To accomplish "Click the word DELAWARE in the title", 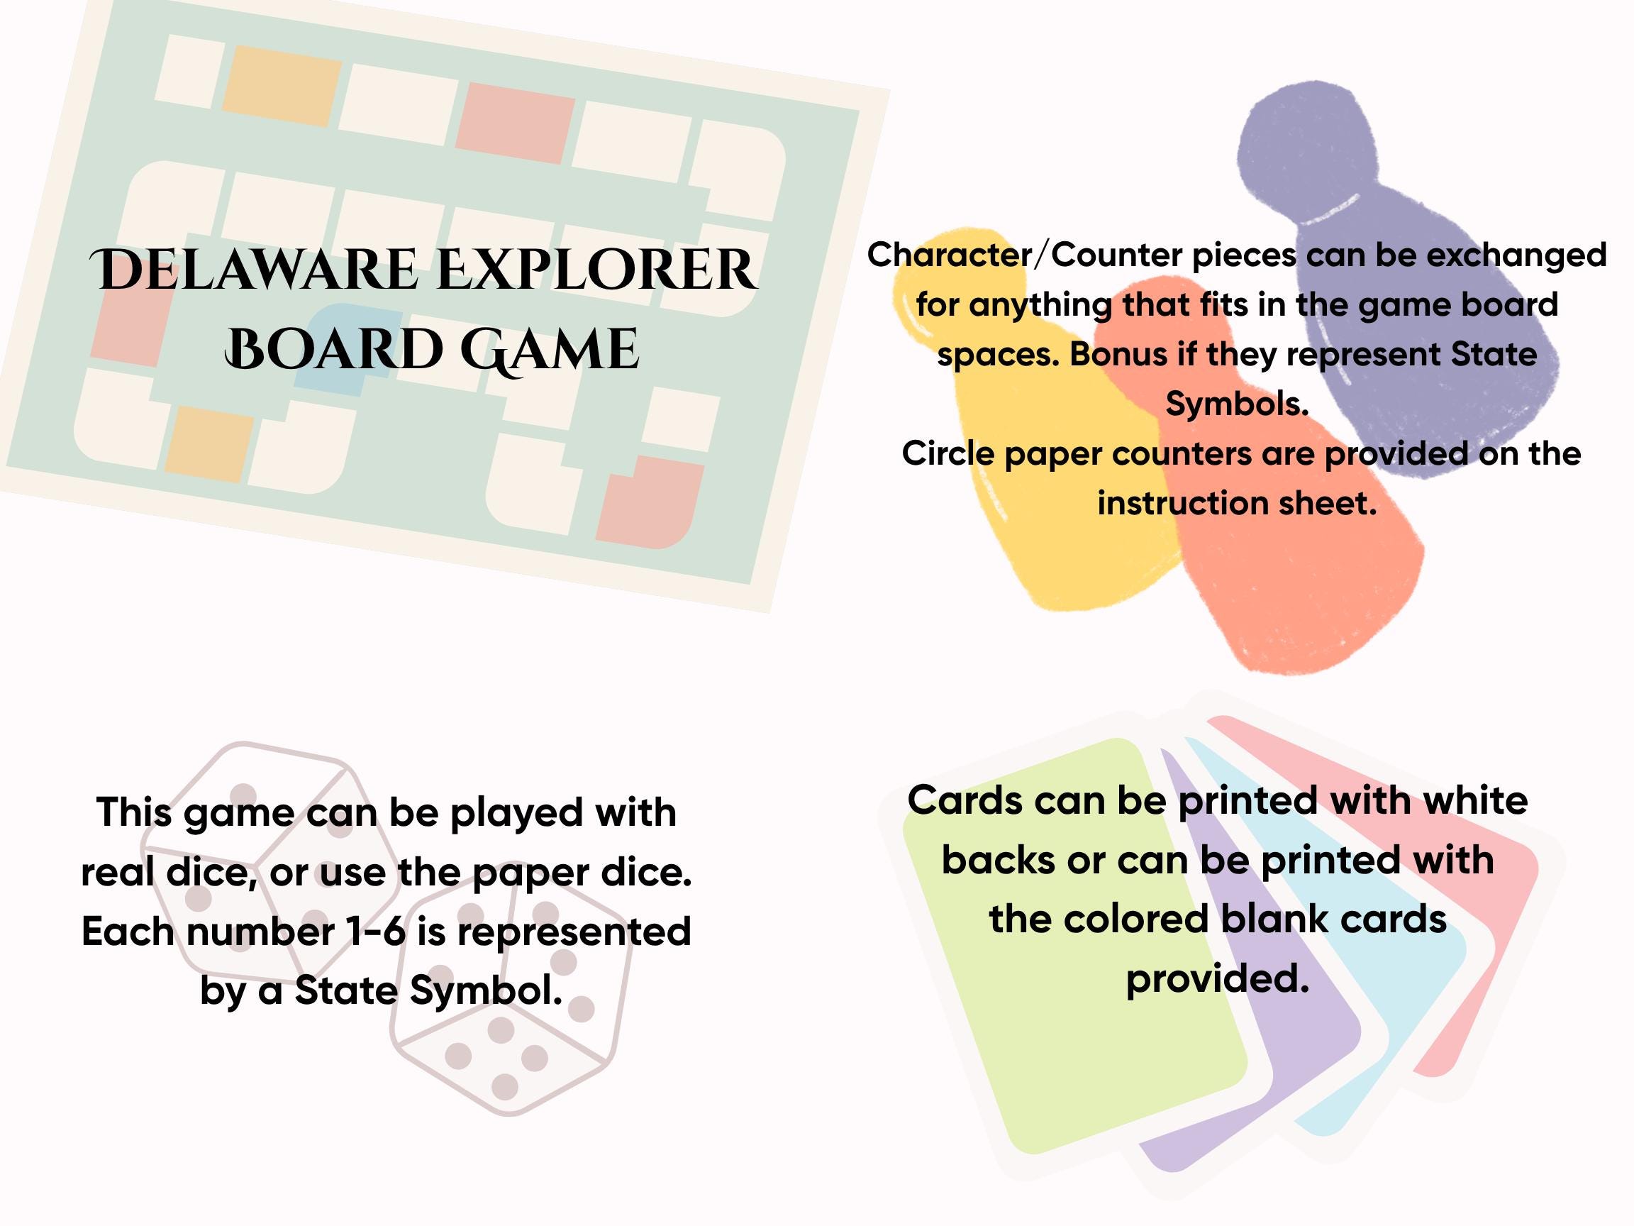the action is coord(254,270).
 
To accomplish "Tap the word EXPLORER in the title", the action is coord(597,270).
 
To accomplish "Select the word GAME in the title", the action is coord(550,350).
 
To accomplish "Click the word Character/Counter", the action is coord(949,255).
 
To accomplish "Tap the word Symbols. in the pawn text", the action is coord(1237,404).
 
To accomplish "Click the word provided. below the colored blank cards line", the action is coord(1218,979).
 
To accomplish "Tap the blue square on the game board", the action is coord(341,348).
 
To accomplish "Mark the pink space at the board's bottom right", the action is coord(650,502).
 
